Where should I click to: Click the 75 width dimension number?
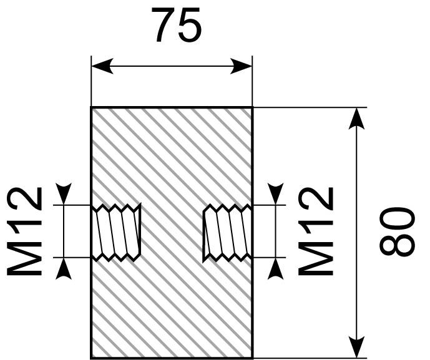coord(177,25)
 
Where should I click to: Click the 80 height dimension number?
coord(397,232)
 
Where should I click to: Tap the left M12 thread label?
coord(24,231)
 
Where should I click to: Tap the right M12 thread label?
coord(316,231)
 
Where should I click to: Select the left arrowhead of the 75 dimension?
coord(102,66)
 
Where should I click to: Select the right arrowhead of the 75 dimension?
coord(241,66)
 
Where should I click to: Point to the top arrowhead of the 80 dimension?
coord(356,118)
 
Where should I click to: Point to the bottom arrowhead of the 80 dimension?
coord(356,347)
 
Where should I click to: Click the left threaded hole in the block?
coord(116,232)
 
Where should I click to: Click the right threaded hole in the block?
coord(227,232)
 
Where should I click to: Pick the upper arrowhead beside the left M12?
coord(64,194)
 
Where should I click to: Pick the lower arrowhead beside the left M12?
coord(64,269)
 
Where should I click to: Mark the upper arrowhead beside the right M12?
coord(275,194)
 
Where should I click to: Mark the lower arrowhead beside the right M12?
coord(275,269)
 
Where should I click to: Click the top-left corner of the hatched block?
coord(91,107)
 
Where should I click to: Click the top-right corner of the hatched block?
coord(252,107)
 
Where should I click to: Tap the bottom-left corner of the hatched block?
coord(91,358)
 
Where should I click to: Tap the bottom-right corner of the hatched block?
coord(252,358)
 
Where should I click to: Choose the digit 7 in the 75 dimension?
coord(164,25)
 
